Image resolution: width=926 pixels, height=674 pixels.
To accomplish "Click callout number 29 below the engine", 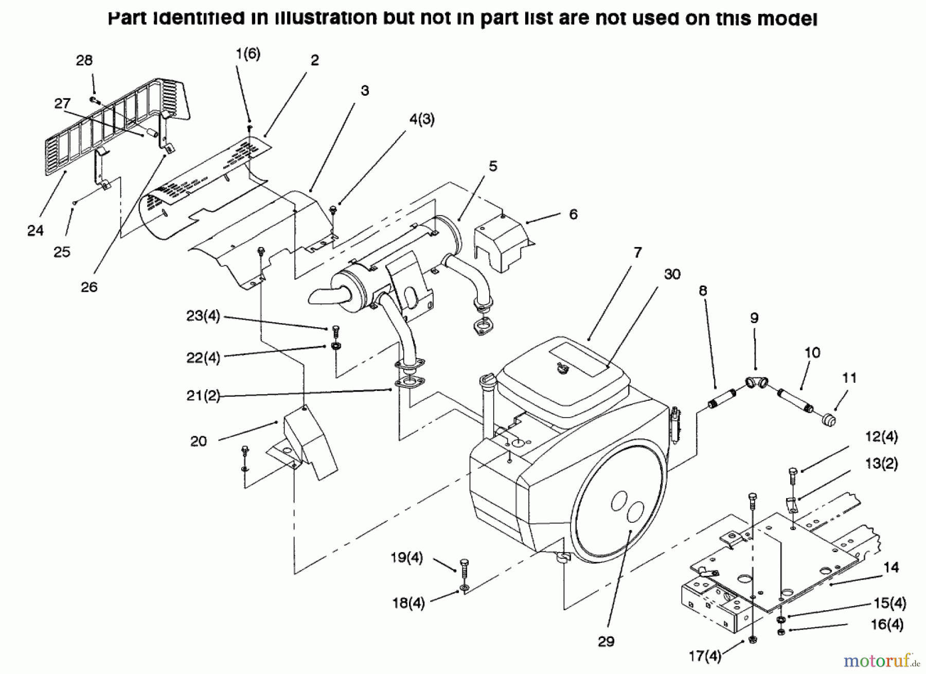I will (x=606, y=641).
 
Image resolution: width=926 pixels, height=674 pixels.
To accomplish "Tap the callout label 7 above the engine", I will (x=637, y=253).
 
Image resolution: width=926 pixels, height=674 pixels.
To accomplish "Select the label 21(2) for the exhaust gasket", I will (x=203, y=396).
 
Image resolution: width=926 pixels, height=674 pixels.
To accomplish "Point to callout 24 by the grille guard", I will (x=35, y=230).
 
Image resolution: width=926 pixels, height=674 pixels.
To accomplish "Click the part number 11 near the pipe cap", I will (x=849, y=378).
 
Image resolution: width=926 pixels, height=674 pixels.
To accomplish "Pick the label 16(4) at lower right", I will (x=887, y=625).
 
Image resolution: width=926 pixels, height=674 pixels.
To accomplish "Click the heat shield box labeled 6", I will (x=502, y=245).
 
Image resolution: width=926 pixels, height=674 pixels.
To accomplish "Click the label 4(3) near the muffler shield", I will (x=422, y=120).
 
